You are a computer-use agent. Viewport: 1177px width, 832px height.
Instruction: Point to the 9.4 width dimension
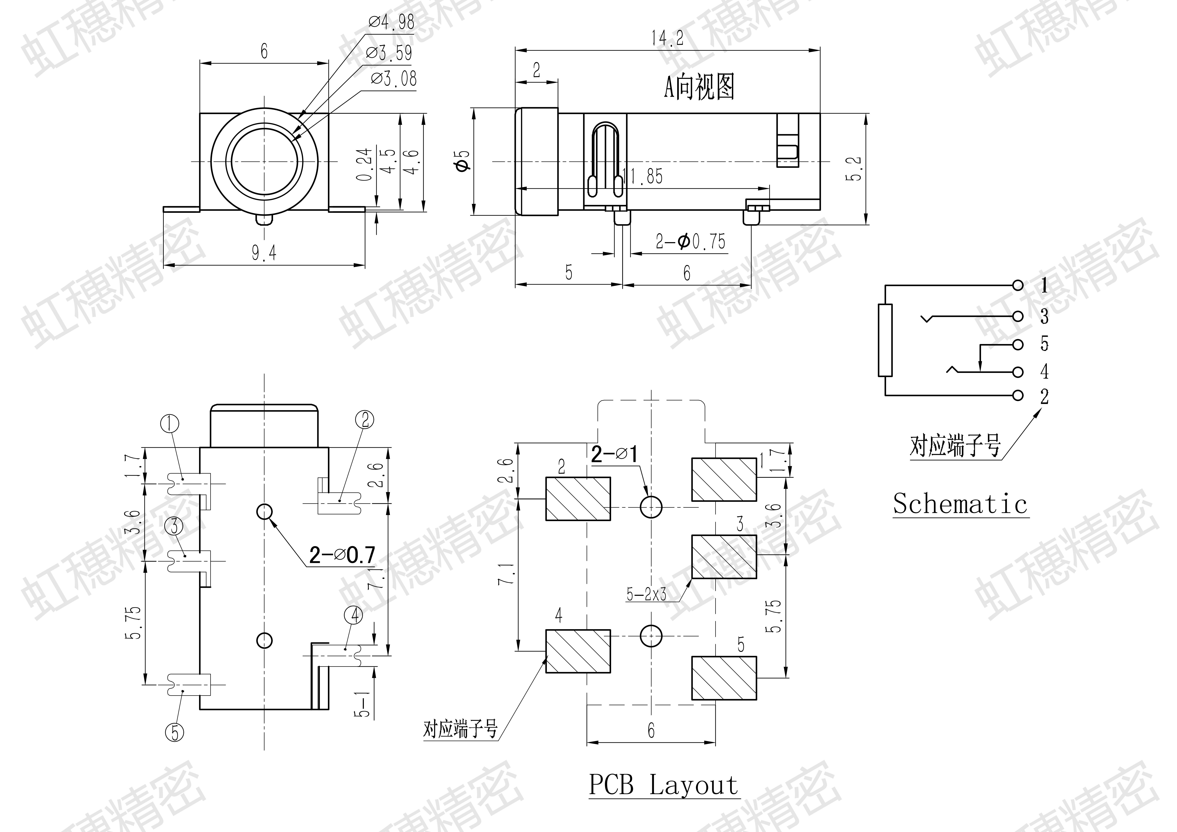(x=264, y=253)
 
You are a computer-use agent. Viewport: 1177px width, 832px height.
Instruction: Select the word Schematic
(x=960, y=504)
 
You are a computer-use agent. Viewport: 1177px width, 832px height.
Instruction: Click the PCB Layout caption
(x=663, y=785)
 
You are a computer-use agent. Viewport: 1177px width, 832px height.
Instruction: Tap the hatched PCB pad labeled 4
(x=578, y=651)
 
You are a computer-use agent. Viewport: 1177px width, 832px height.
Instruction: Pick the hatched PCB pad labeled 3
(x=724, y=556)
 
